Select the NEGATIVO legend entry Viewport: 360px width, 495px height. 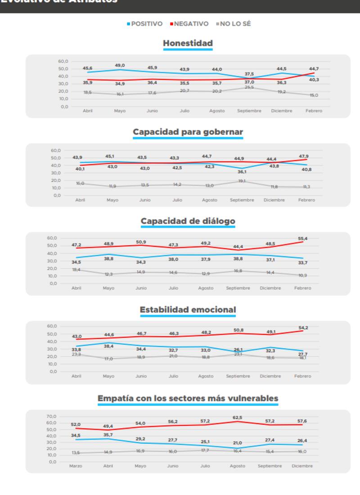click(x=191, y=24)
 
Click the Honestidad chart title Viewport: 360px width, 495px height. click(x=188, y=43)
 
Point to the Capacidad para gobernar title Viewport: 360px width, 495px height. click(x=188, y=132)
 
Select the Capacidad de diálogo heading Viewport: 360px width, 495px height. click(x=188, y=221)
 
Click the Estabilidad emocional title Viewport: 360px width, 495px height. click(x=188, y=310)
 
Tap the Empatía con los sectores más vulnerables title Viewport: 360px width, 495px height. click(x=188, y=398)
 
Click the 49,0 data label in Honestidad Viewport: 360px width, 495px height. click(x=120, y=65)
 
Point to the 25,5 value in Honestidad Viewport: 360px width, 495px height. click(x=249, y=87)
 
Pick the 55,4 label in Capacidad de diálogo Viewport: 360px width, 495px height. click(x=302, y=238)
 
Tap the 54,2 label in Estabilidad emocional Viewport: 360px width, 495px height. click(x=302, y=328)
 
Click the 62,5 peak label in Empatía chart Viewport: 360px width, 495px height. click(x=237, y=417)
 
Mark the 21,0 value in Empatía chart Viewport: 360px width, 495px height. click(x=237, y=443)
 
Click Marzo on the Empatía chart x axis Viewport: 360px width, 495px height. click(x=76, y=466)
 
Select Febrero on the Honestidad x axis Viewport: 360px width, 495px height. click(x=314, y=111)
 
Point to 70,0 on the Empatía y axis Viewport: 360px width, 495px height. click(x=52, y=417)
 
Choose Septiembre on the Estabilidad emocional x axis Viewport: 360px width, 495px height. click(x=238, y=376)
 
